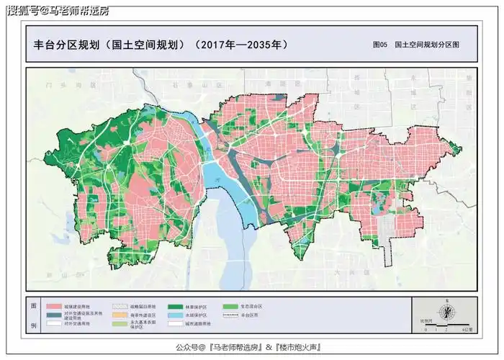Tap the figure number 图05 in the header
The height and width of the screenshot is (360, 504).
(380, 45)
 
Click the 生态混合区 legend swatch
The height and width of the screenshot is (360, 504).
(230, 306)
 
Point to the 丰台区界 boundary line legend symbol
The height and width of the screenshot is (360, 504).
(230, 315)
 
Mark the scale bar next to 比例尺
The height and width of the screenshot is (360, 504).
(446, 325)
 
